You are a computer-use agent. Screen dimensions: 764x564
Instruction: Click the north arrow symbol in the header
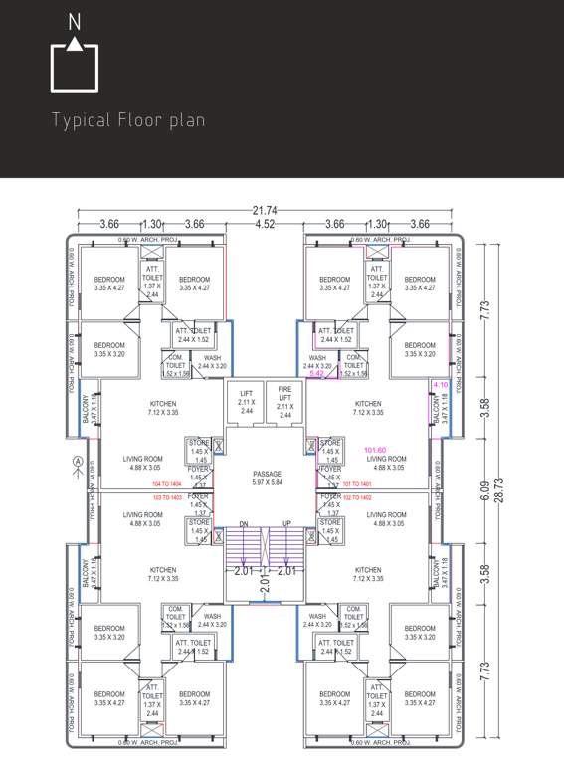[x=75, y=66]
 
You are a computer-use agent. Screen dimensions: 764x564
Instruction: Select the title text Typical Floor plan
[x=128, y=121]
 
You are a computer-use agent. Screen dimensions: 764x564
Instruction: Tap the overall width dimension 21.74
[x=265, y=211]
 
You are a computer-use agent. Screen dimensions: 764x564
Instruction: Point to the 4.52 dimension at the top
[x=265, y=225]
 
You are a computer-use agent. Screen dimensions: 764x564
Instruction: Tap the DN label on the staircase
[x=243, y=523]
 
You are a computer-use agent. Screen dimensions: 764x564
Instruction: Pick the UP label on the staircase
[x=287, y=523]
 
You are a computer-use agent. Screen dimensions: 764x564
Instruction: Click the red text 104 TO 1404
[x=167, y=482]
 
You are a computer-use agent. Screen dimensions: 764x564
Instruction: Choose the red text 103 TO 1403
[x=167, y=495]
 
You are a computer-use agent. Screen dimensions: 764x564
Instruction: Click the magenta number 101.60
[x=376, y=449]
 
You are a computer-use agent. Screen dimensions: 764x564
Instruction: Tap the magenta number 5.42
[x=317, y=373]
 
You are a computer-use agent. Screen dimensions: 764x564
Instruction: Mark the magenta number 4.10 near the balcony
[x=440, y=384]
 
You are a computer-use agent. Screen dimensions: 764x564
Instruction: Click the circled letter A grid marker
[x=78, y=461]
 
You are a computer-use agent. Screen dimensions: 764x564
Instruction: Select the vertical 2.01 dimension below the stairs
[x=265, y=588]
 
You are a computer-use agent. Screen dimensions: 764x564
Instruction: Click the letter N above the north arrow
[x=75, y=20]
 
